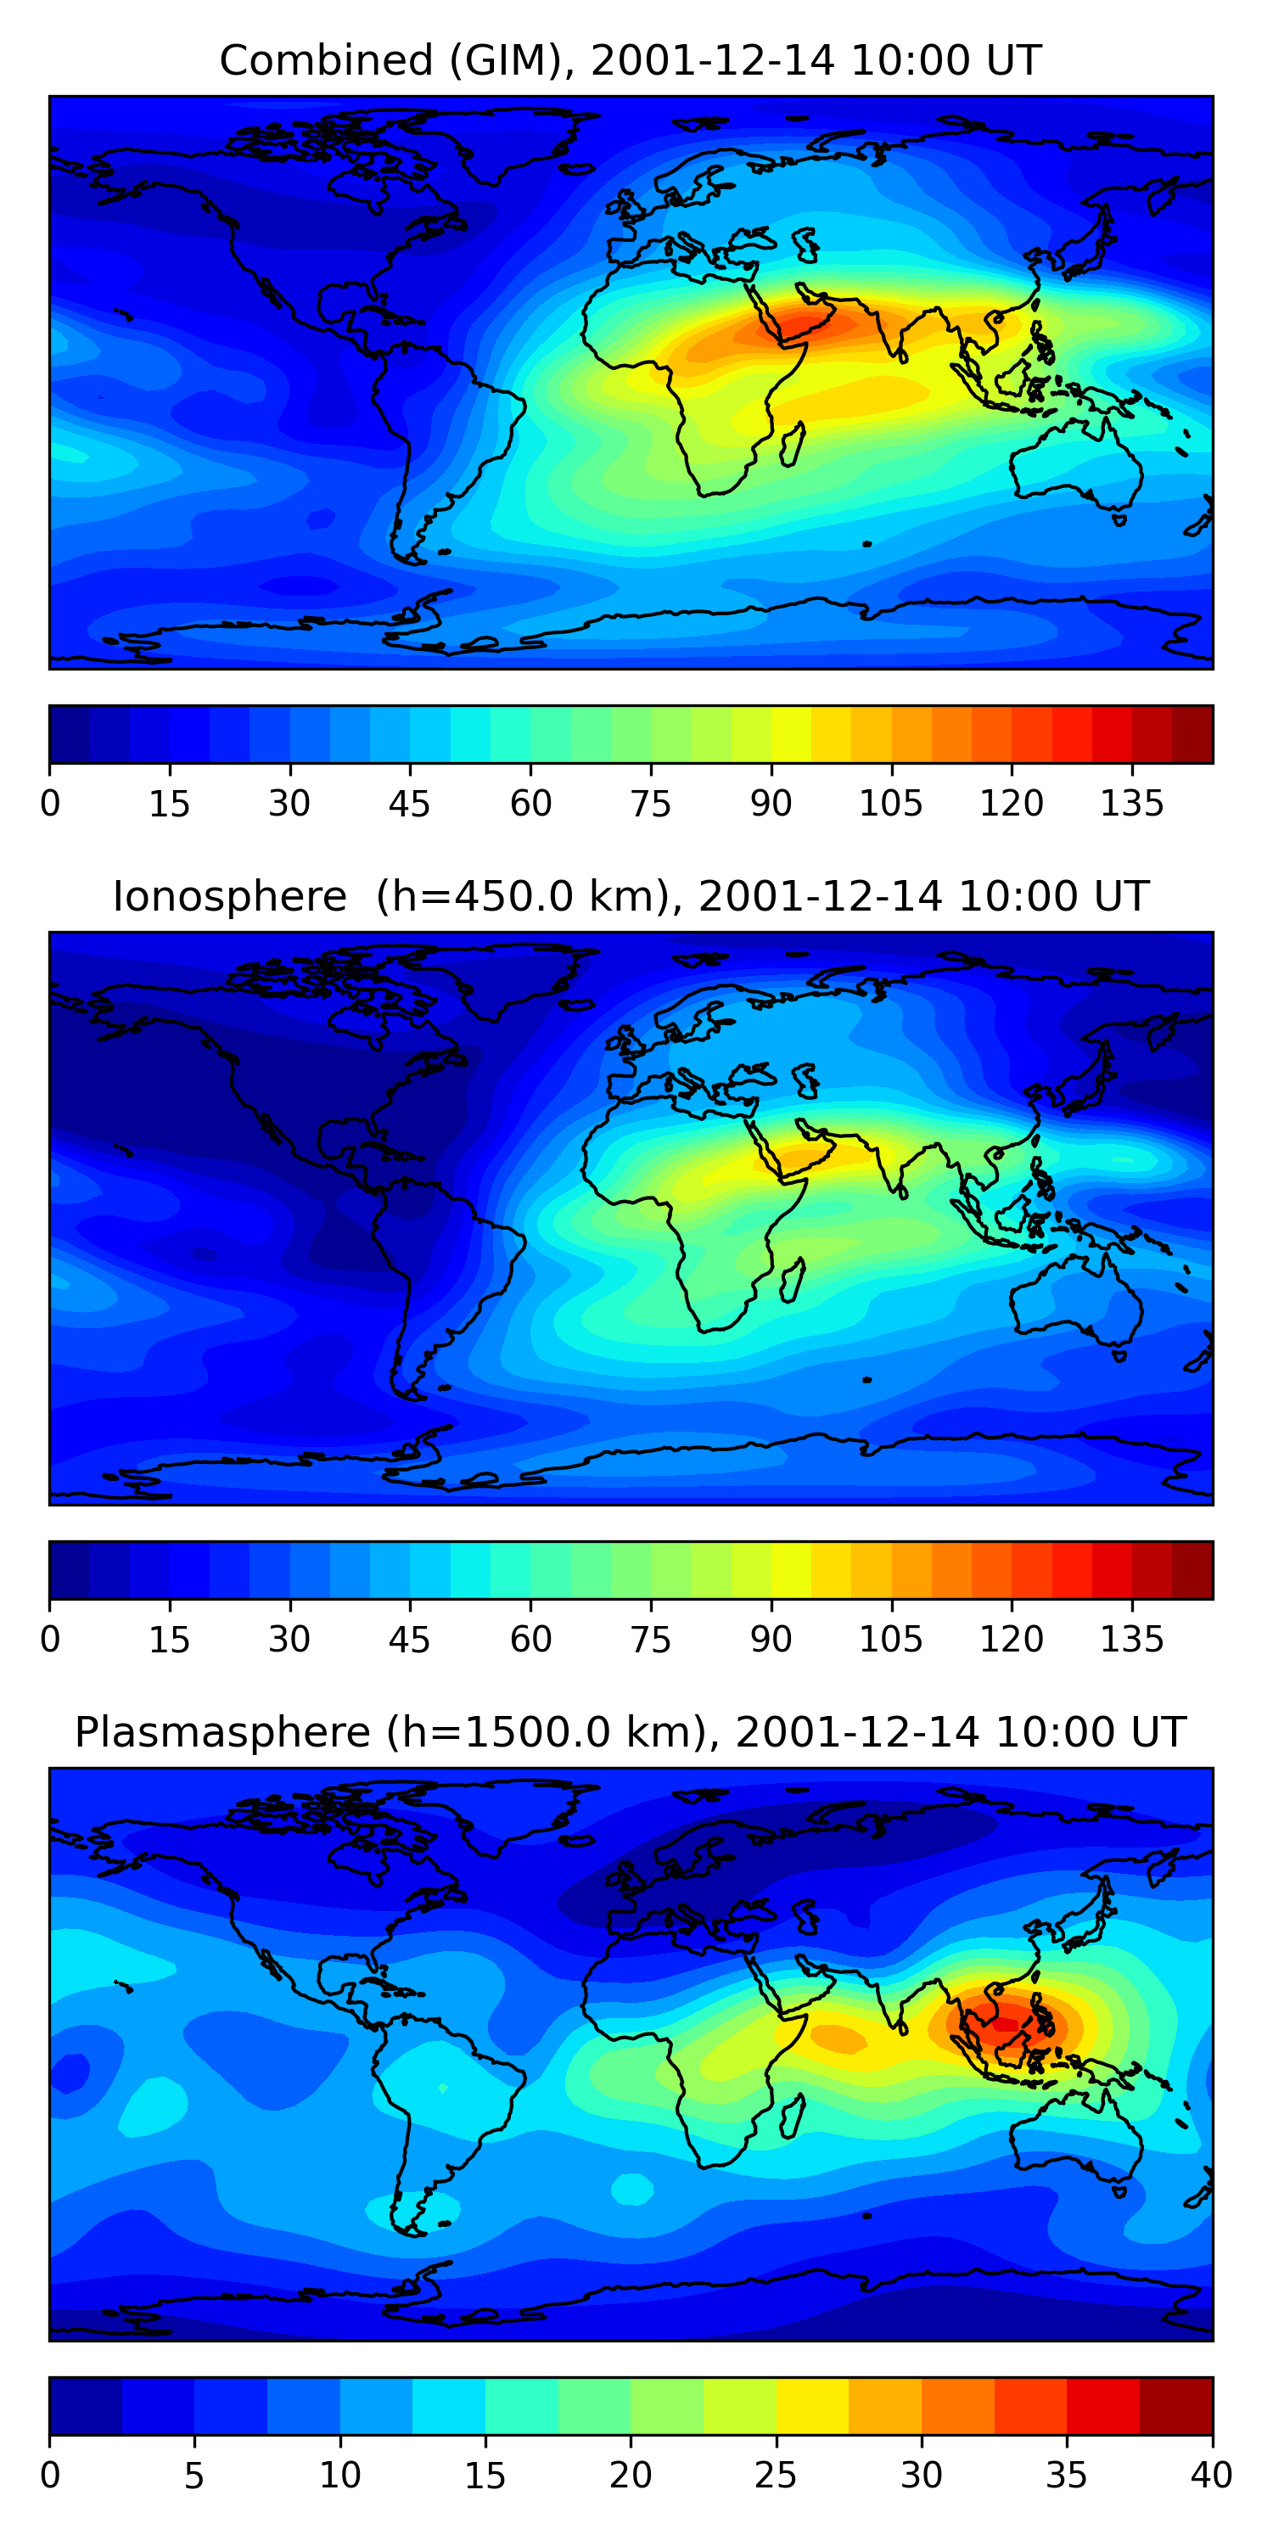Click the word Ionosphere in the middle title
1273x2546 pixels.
(x=229, y=897)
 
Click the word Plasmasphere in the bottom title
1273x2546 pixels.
(x=222, y=1733)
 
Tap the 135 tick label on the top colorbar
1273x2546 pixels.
(x=1131, y=805)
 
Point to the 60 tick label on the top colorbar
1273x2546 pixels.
(x=530, y=805)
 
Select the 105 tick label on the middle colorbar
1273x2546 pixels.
(x=890, y=1640)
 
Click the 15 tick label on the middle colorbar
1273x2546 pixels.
(x=169, y=1640)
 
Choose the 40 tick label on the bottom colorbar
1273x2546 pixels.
(x=1211, y=2476)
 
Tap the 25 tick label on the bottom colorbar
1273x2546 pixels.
(x=776, y=2476)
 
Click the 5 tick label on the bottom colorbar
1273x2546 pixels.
(x=193, y=2476)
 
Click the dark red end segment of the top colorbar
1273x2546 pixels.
(x=1192, y=734)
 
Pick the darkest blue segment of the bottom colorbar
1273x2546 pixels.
(x=85, y=2406)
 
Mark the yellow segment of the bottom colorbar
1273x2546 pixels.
(x=812, y=2406)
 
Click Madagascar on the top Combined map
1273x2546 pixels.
(x=793, y=445)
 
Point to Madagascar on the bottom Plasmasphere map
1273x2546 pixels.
(x=793, y=2117)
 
